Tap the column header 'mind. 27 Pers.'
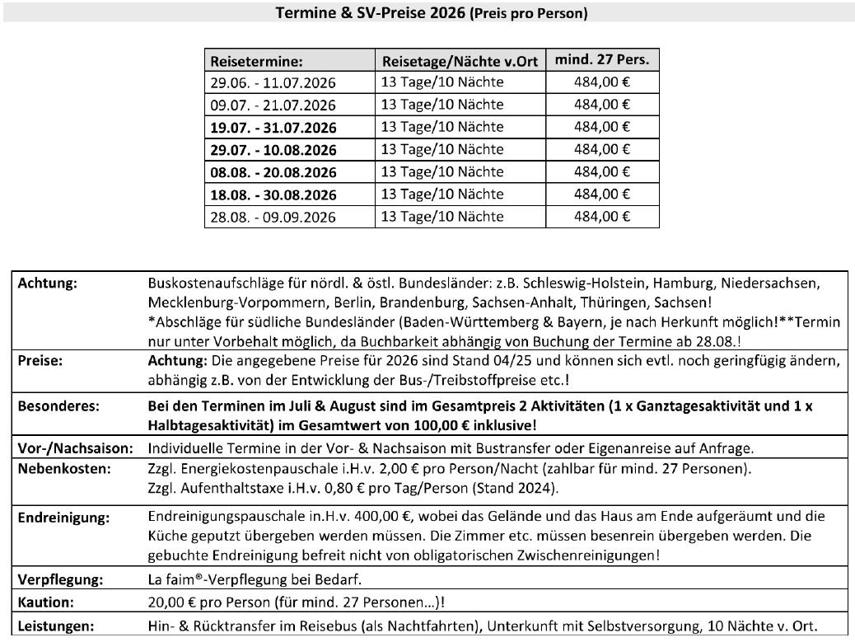(601, 59)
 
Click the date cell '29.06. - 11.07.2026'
(273, 83)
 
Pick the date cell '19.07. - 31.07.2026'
(273, 128)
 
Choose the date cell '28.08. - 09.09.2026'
(273, 218)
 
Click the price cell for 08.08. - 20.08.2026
(601, 172)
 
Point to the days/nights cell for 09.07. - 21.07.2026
(442, 105)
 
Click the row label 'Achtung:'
(47, 283)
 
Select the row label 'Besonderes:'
(58, 406)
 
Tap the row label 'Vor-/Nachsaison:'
(75, 448)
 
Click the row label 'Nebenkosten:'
(63, 469)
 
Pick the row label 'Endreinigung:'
(63, 518)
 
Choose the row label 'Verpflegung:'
(60, 579)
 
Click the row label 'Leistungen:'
(55, 626)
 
